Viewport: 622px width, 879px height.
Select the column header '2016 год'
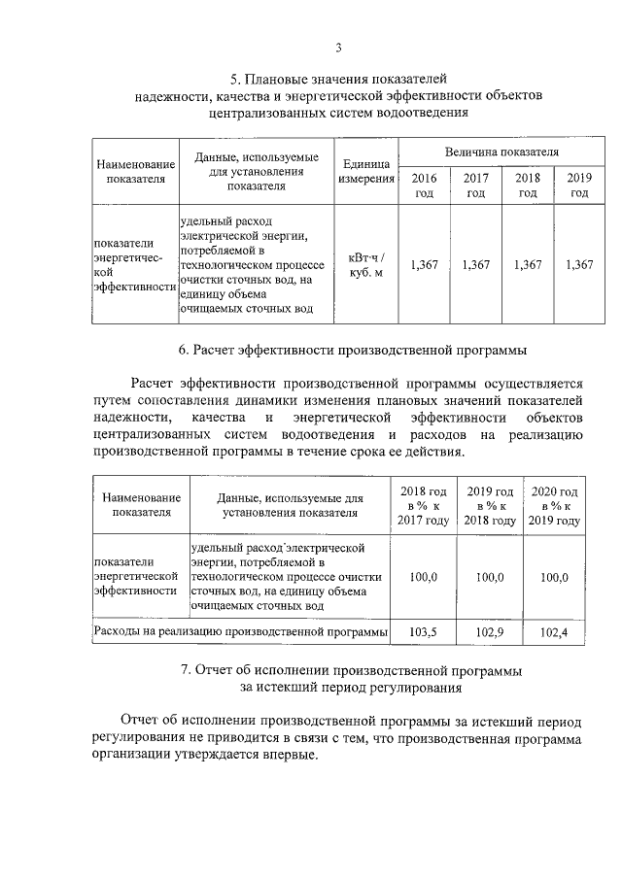(x=424, y=186)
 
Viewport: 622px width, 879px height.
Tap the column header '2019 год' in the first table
(x=579, y=186)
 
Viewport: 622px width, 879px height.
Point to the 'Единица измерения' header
(x=365, y=170)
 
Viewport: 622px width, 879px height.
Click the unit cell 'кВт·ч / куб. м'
(x=365, y=265)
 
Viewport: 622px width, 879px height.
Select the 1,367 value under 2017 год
(x=475, y=265)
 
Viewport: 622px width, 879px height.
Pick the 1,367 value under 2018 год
(x=528, y=265)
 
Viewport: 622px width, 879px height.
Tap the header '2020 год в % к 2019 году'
(x=554, y=506)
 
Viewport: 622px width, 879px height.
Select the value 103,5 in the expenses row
(x=424, y=632)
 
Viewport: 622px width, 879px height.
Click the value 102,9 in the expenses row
(x=490, y=632)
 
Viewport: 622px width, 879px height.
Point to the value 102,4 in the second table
(x=554, y=632)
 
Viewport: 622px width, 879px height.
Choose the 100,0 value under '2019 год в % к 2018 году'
(x=490, y=577)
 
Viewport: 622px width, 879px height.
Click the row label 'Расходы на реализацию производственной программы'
(x=240, y=632)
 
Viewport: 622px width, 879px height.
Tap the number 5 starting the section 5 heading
(x=233, y=78)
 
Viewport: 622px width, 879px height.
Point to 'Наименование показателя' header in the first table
(x=135, y=170)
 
